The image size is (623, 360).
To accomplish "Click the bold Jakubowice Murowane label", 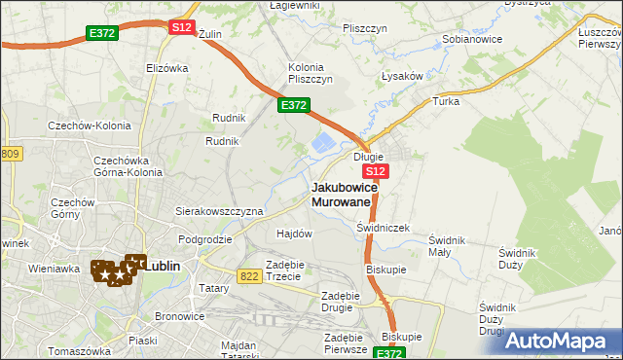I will point(341,194).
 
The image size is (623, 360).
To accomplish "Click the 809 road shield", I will point(10,154).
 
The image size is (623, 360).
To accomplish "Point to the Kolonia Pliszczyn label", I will point(311,73).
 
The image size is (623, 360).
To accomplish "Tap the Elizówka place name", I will point(166,68).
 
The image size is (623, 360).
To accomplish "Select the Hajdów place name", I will point(294,234).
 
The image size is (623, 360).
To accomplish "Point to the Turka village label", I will point(445,101).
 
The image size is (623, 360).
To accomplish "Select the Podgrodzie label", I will point(204,238).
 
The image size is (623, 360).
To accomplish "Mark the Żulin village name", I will point(210,34).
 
